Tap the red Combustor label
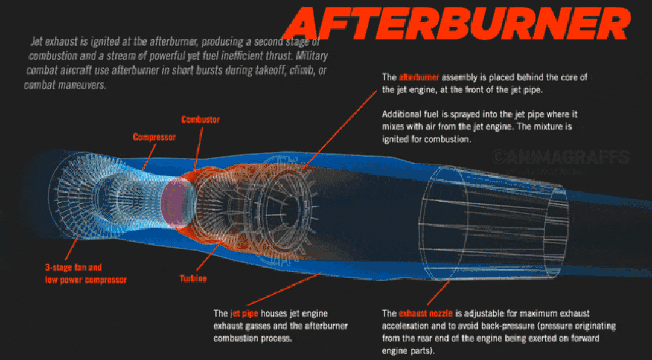200,120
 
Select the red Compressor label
155,137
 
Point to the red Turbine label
193,278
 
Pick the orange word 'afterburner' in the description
419,77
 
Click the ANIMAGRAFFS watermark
561,158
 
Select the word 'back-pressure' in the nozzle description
494,326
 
